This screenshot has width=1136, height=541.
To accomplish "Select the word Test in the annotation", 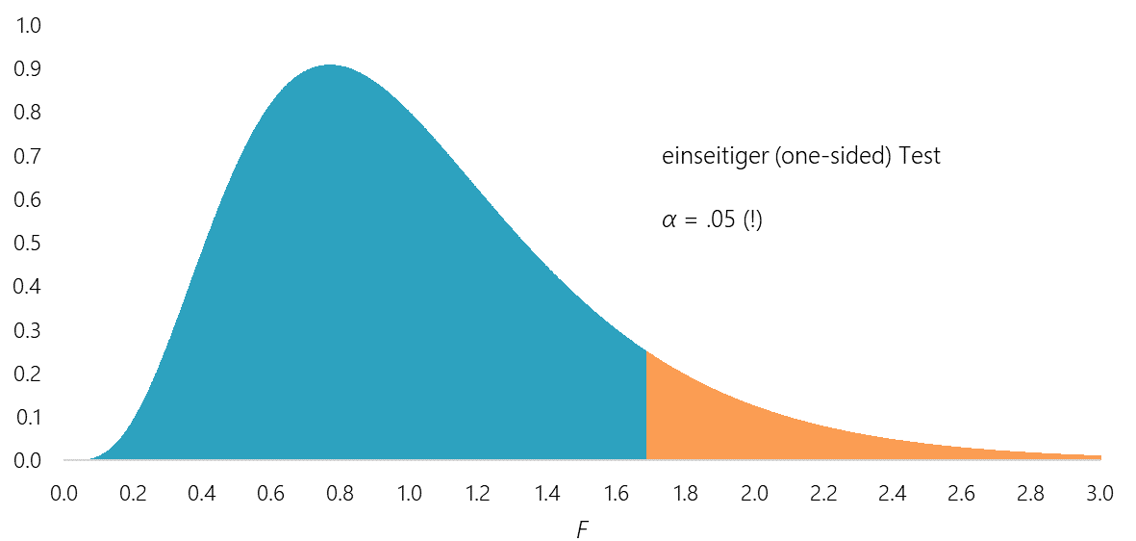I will pos(920,157).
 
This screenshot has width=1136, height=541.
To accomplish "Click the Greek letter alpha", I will pos(669,221).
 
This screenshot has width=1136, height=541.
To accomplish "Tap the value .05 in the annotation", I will pos(720,220).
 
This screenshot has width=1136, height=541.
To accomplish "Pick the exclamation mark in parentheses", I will pos(753,220).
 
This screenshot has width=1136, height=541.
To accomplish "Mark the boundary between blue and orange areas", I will pos(645,404).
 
